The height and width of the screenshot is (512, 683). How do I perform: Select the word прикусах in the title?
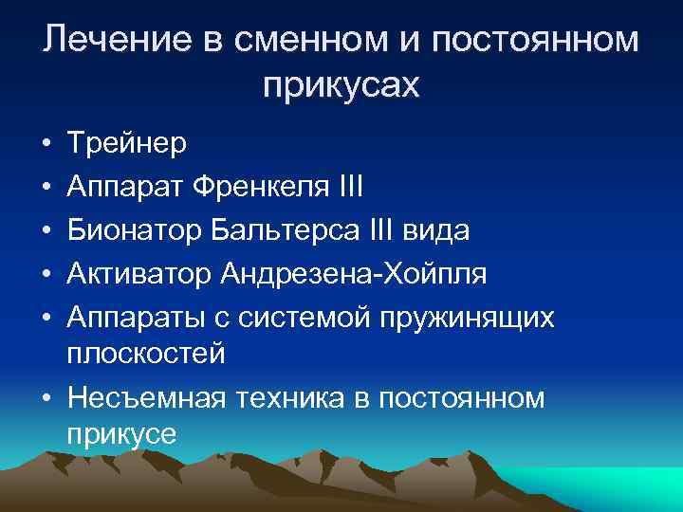[x=341, y=85]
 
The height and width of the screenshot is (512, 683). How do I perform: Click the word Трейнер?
[x=127, y=144]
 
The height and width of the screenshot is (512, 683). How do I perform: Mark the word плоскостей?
[x=146, y=354]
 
